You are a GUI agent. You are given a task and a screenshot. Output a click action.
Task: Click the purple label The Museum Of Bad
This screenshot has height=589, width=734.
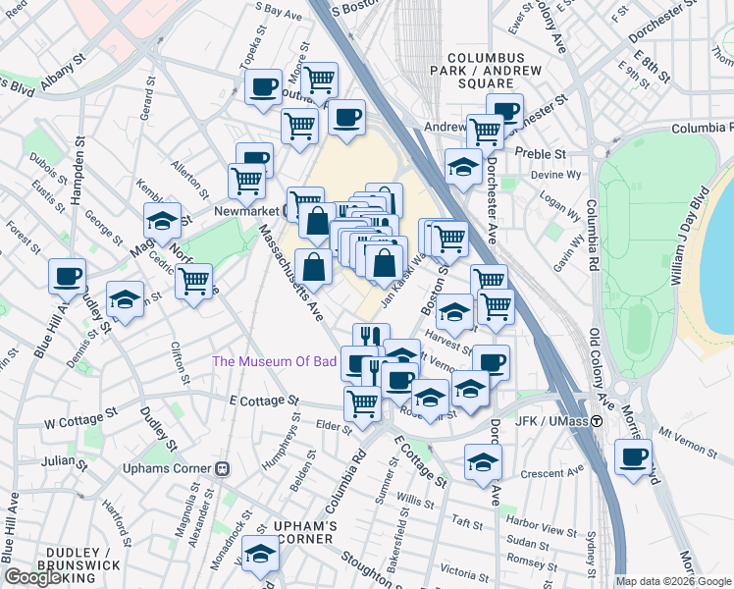pyautogui.click(x=275, y=361)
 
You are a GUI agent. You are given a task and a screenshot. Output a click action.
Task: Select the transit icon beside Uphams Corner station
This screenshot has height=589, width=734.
pyautogui.click(x=223, y=470)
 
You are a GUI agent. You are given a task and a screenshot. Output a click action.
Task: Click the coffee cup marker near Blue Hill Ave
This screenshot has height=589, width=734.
pyautogui.click(x=67, y=277)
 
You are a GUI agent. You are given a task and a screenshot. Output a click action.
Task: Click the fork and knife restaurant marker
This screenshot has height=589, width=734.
pyautogui.click(x=371, y=340)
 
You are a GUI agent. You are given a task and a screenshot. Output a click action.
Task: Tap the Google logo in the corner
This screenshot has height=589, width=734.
pyautogui.click(x=33, y=578)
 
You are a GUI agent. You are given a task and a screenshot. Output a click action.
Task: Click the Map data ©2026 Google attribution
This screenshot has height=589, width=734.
pyautogui.click(x=672, y=581)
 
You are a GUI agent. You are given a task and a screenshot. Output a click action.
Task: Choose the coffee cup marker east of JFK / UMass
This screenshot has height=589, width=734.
pyautogui.click(x=633, y=458)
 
